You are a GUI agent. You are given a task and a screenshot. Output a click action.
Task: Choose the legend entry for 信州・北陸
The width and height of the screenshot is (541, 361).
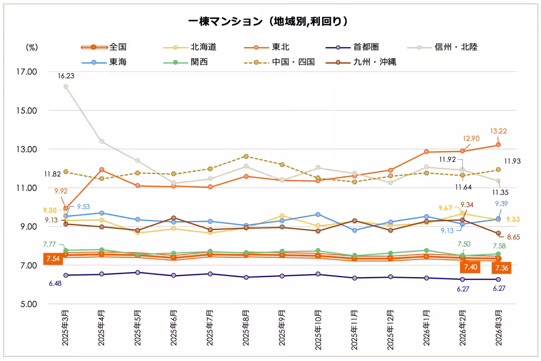(x=456, y=46)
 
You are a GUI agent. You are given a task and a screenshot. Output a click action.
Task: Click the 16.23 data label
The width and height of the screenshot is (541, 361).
(x=66, y=76)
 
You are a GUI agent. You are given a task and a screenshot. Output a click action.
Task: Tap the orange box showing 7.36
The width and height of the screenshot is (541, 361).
(x=501, y=268)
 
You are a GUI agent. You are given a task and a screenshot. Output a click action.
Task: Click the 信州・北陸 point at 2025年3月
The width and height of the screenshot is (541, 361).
(x=66, y=87)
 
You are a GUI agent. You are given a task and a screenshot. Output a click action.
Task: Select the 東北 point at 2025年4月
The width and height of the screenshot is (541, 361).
(x=102, y=170)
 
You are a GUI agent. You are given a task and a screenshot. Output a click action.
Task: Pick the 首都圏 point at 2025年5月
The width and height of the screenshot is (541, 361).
(x=138, y=273)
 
